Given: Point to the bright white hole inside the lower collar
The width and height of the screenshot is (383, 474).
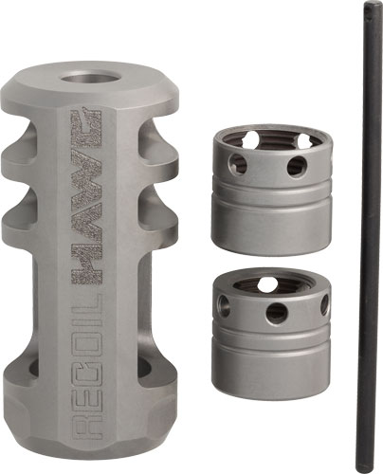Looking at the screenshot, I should pyautogui.click(x=270, y=283).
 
